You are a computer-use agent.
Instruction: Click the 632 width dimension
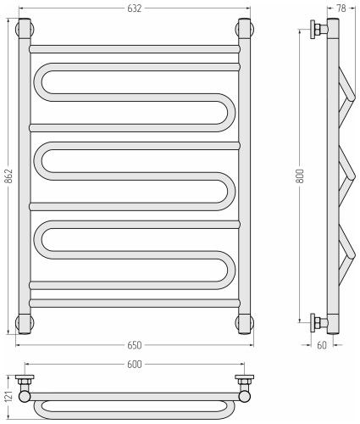point(134,8)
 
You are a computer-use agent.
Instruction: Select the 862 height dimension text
point(9,176)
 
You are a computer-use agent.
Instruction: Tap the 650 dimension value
point(134,345)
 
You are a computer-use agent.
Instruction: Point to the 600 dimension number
point(134,365)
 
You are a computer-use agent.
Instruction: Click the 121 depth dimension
point(8,397)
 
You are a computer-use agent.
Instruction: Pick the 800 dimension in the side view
point(301,176)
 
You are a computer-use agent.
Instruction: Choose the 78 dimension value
point(341,8)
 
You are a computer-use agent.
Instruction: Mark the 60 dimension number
point(322,345)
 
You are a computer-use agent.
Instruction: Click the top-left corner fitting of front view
point(25,28)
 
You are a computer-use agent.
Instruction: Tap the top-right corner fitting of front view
point(245,28)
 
